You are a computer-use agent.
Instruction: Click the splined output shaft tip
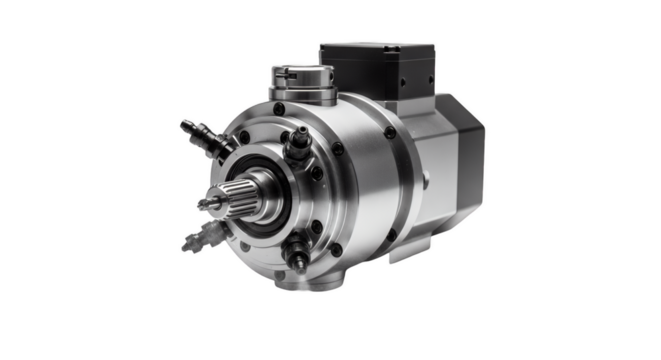point(211,205)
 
